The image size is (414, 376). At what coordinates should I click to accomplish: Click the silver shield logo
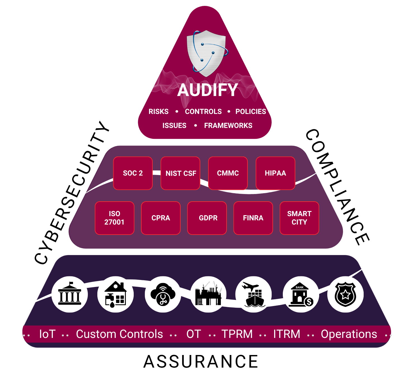coord(206,53)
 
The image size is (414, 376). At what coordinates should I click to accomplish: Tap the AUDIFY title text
coord(207,90)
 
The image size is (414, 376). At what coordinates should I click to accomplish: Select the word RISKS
coord(159,111)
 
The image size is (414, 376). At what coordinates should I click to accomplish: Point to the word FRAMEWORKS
coord(228,125)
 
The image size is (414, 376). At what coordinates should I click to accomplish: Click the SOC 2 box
coord(133,173)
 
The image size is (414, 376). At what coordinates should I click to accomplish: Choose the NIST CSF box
coord(181,173)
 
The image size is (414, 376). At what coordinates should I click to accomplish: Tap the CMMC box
coord(228,173)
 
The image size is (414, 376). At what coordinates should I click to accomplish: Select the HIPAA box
coord(276,173)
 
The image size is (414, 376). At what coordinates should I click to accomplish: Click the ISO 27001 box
coord(114,218)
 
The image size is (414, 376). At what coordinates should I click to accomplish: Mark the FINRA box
coord(253,218)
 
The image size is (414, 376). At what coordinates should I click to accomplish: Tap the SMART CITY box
coord(299,218)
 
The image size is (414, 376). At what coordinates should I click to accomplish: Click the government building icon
coord(70,294)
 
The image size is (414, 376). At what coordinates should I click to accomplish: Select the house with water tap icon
coord(116,294)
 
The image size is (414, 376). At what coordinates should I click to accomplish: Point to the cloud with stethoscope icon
coord(163,294)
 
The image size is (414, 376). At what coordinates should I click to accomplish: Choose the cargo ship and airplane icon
coord(254,294)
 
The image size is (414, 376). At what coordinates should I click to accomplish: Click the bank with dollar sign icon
coord(301,294)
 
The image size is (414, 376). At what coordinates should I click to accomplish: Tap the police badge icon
coord(345,294)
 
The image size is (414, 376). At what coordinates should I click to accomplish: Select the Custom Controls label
coord(119,334)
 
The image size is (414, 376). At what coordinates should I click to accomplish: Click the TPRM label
coord(237,334)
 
